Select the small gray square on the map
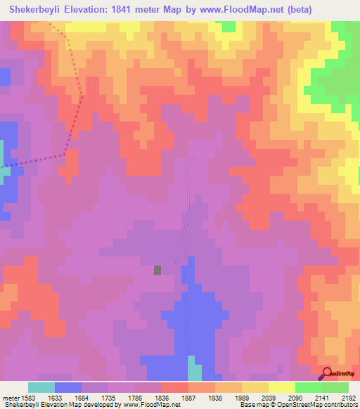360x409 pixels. (x=157, y=269)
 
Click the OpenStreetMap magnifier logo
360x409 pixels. (x=328, y=373)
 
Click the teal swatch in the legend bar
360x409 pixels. (x=41, y=387)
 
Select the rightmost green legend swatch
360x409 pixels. (x=335, y=387)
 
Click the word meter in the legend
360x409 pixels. (x=11, y=397)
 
